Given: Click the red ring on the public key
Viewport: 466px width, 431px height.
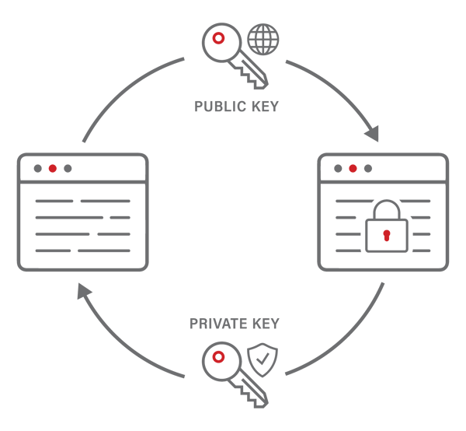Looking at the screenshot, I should point(220,38).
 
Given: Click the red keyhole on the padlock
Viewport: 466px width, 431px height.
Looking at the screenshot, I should point(386,235).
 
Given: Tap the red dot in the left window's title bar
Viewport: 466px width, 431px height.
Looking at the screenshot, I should point(53,168).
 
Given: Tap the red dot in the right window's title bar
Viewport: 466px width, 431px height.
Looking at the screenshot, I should point(353,168).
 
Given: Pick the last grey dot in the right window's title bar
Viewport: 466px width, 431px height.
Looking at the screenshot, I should point(368,168).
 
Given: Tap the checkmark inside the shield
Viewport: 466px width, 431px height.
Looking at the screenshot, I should point(261,359).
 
